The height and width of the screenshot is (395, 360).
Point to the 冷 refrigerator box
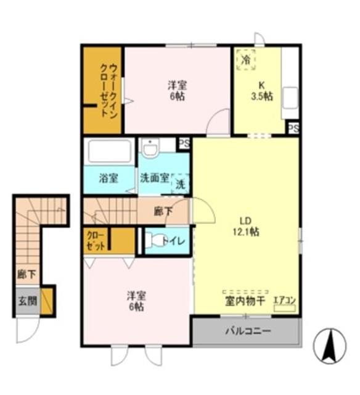point(245,60)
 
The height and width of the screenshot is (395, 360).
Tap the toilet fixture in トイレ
point(155,241)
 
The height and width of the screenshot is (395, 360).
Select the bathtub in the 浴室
point(110,151)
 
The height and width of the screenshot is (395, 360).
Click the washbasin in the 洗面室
point(150,148)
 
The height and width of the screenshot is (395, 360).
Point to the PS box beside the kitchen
point(293,128)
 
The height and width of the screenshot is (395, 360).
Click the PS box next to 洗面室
point(184,143)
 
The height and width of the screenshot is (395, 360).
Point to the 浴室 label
point(108,178)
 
